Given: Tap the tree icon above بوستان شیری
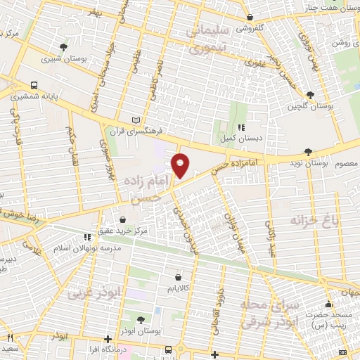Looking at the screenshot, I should (x=64, y=47).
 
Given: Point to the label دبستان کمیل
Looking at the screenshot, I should (x=240, y=139).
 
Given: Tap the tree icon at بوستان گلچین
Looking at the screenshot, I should (x=310, y=94).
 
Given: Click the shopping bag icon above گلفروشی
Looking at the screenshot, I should (x=250, y=18).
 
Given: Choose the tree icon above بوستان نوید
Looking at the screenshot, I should (x=307, y=151).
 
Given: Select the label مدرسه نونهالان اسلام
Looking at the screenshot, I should (x=88, y=249).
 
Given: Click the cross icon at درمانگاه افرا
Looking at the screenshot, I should (x=107, y=338).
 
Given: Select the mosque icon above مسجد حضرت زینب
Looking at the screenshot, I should (x=328, y=305).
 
